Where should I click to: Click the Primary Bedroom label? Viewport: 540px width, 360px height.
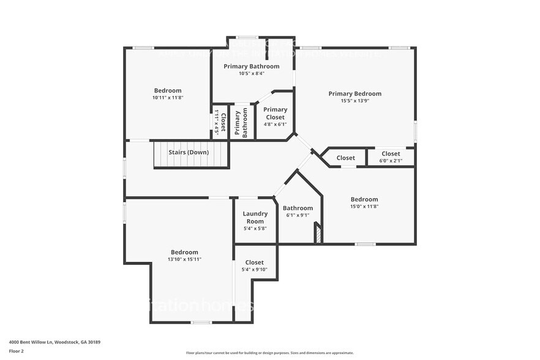(354, 94)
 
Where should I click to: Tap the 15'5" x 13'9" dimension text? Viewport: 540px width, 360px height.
(354, 101)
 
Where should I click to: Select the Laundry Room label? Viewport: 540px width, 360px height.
(255, 217)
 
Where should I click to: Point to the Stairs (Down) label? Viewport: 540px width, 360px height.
(189, 152)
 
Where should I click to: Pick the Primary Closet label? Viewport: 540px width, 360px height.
(275, 113)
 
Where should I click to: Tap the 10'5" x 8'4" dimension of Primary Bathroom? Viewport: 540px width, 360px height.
(251, 73)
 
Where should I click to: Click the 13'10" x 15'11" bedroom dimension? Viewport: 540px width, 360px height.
(184, 260)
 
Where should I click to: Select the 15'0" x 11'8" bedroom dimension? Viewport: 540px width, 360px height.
(364, 207)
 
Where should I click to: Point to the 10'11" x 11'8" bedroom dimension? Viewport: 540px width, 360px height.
(167, 98)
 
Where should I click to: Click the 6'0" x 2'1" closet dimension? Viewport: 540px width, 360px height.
(391, 161)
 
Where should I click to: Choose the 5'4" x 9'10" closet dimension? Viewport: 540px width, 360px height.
(254, 270)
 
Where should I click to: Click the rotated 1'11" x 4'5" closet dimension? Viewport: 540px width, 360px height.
(216, 122)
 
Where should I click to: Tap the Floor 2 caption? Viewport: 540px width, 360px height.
(16, 351)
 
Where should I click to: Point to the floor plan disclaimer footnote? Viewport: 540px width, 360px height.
(270, 353)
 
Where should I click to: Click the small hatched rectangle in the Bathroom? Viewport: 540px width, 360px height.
(317, 234)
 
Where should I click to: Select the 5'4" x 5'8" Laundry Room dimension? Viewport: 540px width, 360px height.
(255, 228)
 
